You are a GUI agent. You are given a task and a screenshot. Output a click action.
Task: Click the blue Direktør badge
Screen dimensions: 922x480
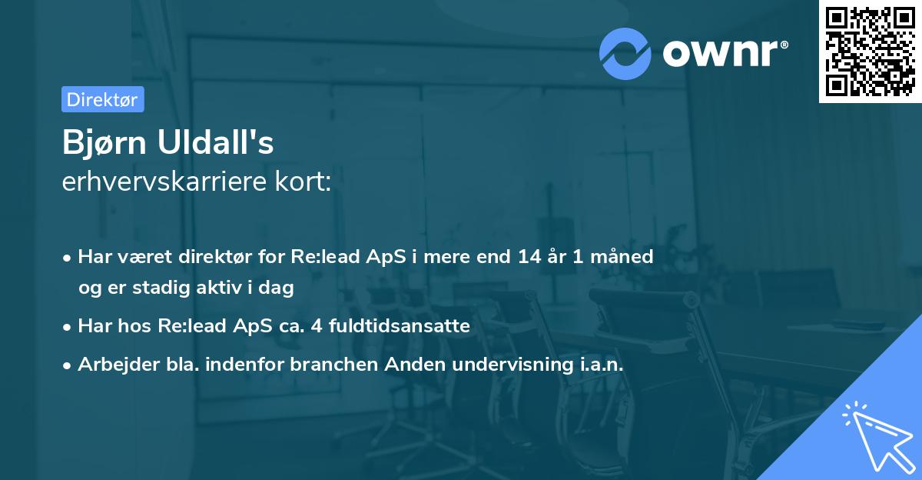(x=103, y=99)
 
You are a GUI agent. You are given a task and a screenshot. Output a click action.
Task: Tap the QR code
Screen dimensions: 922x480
(x=871, y=52)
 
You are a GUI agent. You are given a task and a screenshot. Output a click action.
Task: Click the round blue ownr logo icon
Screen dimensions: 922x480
(x=625, y=54)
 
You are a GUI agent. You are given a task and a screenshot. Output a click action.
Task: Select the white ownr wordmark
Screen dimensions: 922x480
(x=720, y=54)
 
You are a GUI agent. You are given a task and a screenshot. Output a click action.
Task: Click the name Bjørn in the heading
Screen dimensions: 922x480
(x=104, y=142)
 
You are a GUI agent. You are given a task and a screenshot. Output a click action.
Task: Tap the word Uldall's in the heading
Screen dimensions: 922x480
(x=215, y=142)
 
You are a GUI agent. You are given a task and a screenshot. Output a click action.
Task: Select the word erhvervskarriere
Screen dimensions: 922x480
(x=164, y=182)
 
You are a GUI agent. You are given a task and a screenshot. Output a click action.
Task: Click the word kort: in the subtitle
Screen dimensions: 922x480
(x=303, y=182)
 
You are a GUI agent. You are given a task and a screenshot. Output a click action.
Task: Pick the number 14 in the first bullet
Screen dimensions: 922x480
(x=529, y=257)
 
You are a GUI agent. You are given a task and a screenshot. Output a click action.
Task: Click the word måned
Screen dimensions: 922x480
(x=622, y=257)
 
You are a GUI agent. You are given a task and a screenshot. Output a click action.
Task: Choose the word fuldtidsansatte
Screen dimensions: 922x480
(x=400, y=326)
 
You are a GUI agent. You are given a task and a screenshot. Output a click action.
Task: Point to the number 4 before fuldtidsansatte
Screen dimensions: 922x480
(x=317, y=326)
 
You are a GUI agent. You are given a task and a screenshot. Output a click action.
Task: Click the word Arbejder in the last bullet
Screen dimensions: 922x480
(x=118, y=364)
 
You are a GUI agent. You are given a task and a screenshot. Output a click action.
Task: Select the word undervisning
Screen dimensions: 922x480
(x=512, y=364)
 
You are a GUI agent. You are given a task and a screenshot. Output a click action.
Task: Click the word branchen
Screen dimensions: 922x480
(x=333, y=364)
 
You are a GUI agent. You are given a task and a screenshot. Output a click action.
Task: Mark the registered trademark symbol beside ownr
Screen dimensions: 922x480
(x=784, y=45)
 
